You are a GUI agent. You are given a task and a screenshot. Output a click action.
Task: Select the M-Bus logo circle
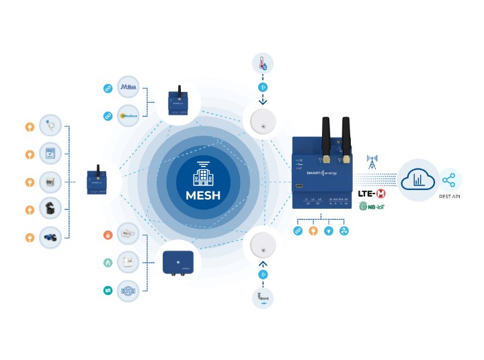click(x=128, y=88)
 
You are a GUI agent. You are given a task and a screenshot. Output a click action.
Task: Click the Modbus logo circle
click(x=128, y=116)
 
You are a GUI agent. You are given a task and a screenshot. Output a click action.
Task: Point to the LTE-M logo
click(x=372, y=193)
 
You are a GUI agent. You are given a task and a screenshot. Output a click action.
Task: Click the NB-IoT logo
click(x=372, y=208)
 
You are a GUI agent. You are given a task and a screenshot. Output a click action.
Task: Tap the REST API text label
click(x=450, y=197)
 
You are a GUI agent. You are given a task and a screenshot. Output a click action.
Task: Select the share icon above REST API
click(x=450, y=180)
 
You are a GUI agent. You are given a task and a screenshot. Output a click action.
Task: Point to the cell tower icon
click(x=372, y=162)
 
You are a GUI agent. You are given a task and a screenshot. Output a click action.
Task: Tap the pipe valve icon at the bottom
click(x=262, y=298)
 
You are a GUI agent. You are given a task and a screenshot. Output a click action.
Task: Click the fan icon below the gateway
click(x=344, y=230)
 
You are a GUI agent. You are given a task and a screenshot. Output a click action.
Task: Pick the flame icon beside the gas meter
click(x=107, y=263)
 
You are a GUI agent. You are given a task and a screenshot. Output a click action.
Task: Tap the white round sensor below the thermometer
click(x=263, y=122)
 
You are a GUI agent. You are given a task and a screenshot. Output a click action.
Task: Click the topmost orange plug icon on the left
click(x=29, y=126)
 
